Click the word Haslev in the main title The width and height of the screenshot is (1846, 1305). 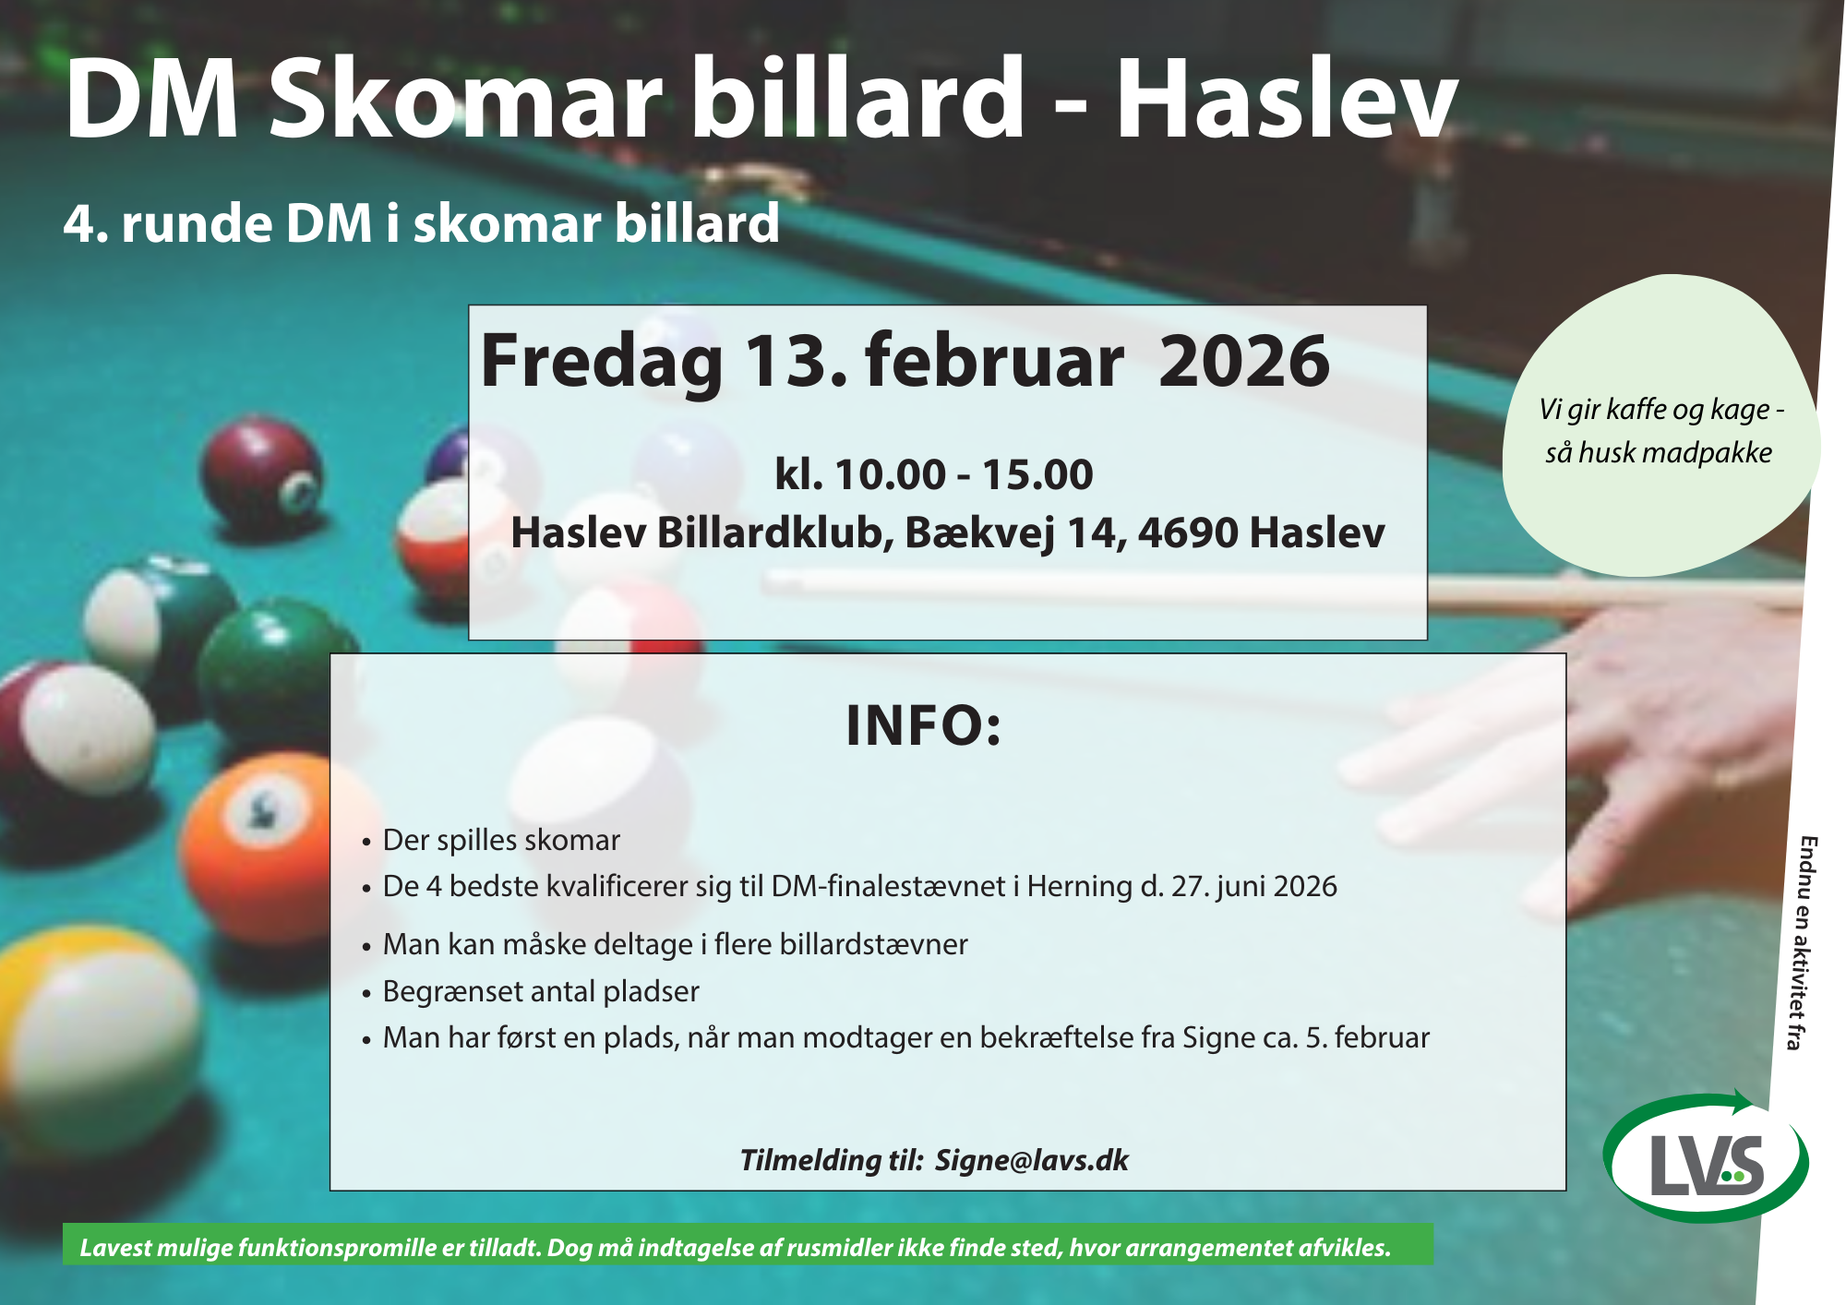point(1287,99)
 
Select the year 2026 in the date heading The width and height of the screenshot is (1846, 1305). point(1244,361)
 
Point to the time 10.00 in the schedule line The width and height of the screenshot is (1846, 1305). point(890,475)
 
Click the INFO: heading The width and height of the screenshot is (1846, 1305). point(924,725)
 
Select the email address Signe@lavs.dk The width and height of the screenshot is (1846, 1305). point(1032,1160)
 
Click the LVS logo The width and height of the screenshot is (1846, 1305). point(1707,1158)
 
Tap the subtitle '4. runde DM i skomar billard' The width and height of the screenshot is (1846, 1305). point(422,223)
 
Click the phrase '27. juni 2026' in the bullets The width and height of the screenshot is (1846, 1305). point(1254,887)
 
